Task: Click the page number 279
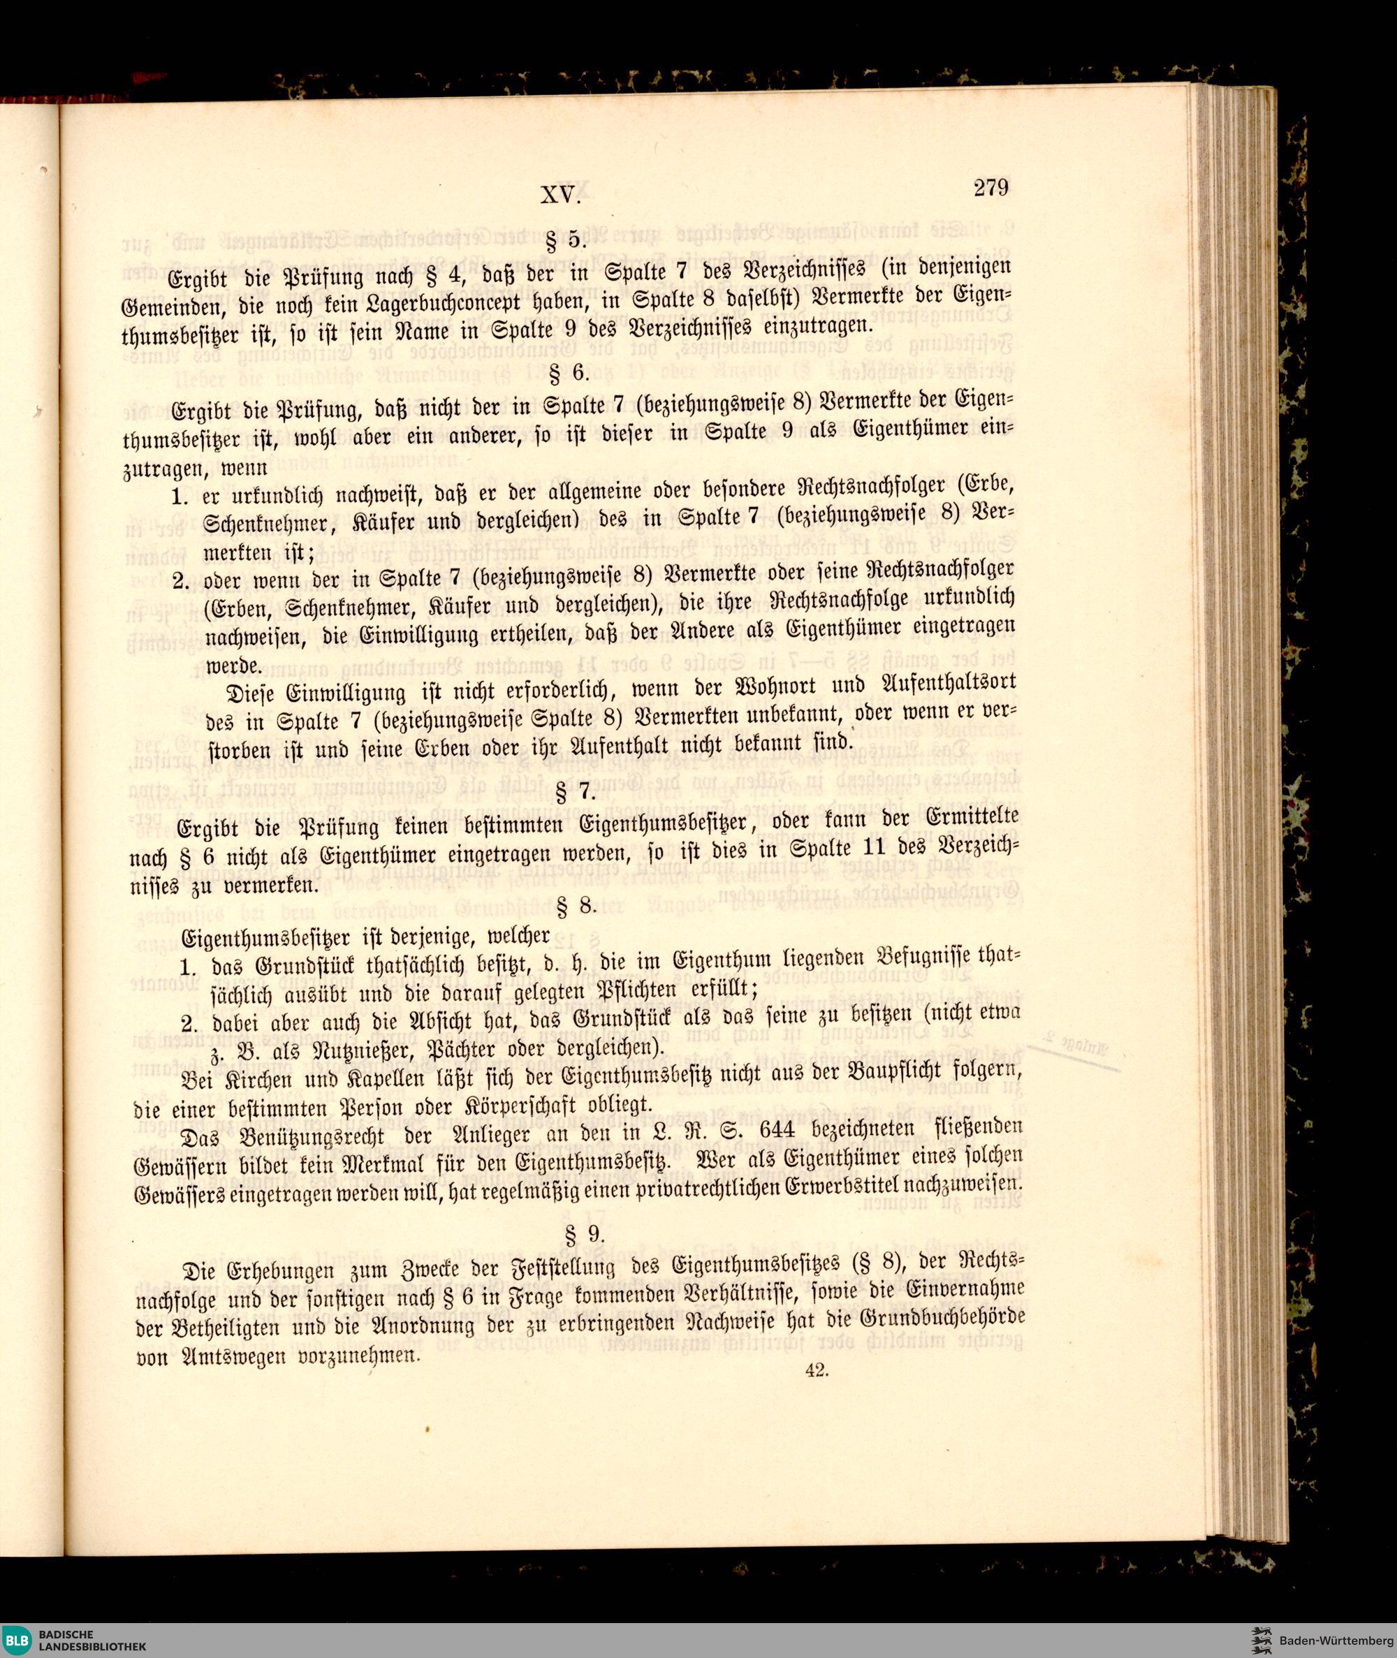pyautogui.click(x=990, y=189)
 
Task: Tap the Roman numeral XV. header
pyautogui.click(x=561, y=195)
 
